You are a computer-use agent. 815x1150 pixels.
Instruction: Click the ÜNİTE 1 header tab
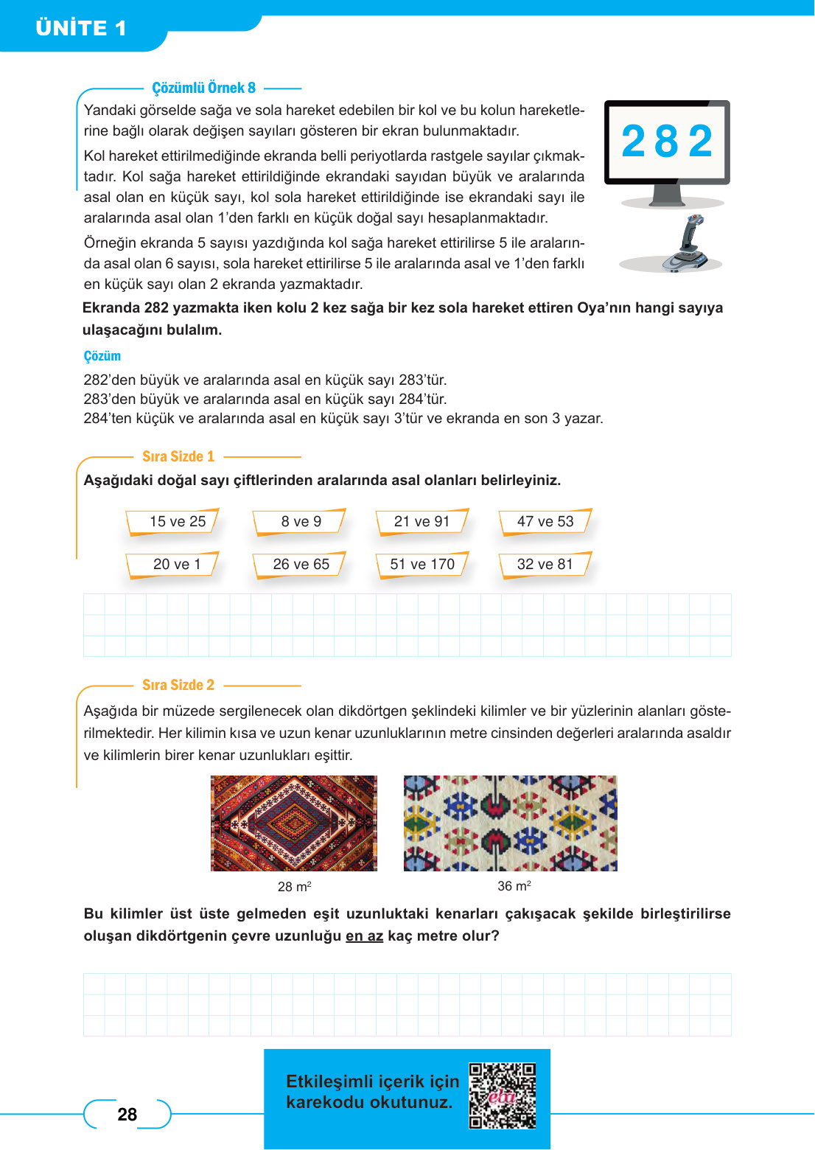(81, 28)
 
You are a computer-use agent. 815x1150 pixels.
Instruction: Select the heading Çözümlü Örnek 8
(203, 88)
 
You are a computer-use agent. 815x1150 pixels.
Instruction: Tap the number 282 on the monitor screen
(667, 142)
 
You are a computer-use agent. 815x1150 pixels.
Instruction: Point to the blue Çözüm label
(102, 356)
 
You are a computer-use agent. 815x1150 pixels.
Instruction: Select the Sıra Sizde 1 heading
(178, 456)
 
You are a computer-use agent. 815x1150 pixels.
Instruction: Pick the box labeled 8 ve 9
(301, 522)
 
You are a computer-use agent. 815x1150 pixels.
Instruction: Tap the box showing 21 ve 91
(422, 522)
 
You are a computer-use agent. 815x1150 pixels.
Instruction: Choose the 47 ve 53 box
(545, 522)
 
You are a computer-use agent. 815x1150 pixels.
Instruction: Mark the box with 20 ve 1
(176, 565)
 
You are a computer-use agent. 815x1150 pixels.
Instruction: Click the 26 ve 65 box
(301, 565)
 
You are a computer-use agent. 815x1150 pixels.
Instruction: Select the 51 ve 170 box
(422, 565)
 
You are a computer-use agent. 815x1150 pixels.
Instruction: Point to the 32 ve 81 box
(545, 565)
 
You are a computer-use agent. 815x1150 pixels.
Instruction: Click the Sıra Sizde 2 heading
(178, 685)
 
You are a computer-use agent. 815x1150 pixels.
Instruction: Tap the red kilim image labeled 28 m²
(293, 823)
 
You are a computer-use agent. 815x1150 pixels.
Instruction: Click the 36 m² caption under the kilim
(514, 886)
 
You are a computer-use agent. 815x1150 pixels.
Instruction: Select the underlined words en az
(364, 936)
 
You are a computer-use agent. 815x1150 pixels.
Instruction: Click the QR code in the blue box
(503, 1095)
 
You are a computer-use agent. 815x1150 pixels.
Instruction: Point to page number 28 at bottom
(127, 1115)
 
